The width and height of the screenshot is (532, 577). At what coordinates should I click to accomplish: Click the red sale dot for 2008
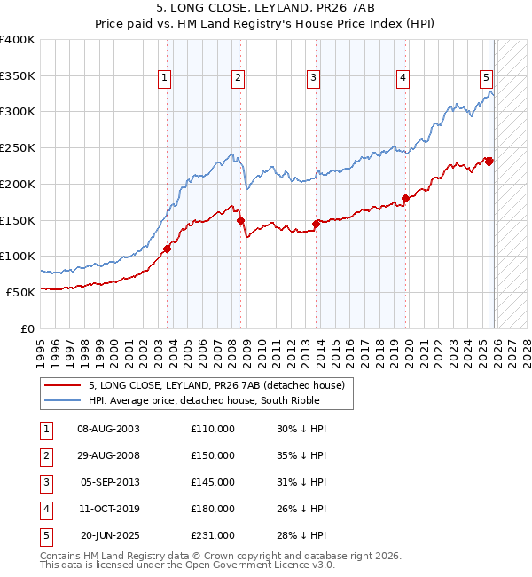(x=240, y=220)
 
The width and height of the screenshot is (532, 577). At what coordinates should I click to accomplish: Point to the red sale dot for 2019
(x=405, y=199)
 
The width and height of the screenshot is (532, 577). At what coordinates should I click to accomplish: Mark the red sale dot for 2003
(x=167, y=249)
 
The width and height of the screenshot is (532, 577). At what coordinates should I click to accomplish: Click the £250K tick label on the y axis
(x=17, y=148)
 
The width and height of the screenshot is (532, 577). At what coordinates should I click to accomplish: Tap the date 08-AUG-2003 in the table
(x=109, y=429)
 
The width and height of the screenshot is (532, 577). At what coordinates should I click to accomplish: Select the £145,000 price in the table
(x=213, y=482)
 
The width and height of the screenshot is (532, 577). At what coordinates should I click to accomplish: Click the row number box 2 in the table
(x=46, y=455)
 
